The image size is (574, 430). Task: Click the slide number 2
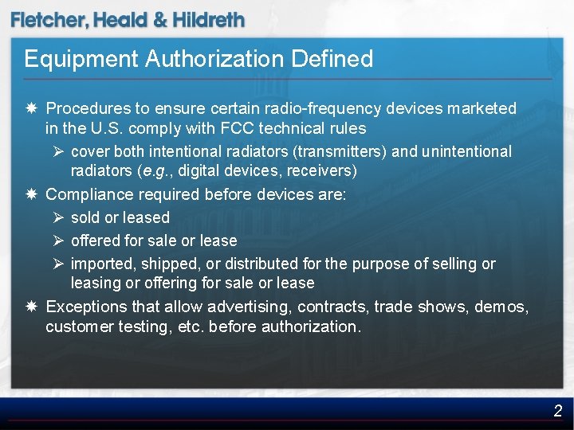coord(558,411)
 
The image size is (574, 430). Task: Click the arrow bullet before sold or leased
coord(59,217)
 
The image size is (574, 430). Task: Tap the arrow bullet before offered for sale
coord(59,240)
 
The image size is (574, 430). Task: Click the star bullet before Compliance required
coord(29,194)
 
